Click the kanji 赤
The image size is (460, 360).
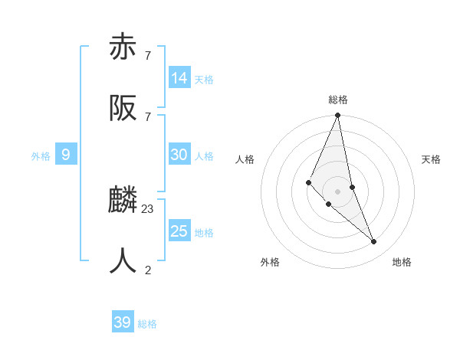123,47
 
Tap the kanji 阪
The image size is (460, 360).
123,109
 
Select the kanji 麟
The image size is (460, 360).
123,201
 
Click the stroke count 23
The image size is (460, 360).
148,208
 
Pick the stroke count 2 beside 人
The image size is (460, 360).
148,270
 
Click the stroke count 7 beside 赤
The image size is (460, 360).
148,55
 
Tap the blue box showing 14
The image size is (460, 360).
179,78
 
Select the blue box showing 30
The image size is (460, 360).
179,155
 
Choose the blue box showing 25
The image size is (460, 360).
179,231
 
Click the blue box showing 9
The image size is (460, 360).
66,155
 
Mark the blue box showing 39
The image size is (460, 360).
123,322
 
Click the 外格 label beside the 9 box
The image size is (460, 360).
41,156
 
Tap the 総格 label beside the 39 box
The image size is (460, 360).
147,324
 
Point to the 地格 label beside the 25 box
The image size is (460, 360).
204,233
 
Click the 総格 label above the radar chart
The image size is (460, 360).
338,100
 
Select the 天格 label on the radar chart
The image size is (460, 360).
431,159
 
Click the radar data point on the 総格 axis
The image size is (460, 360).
338,116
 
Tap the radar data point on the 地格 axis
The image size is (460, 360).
374,241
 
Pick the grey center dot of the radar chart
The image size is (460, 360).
338,191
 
